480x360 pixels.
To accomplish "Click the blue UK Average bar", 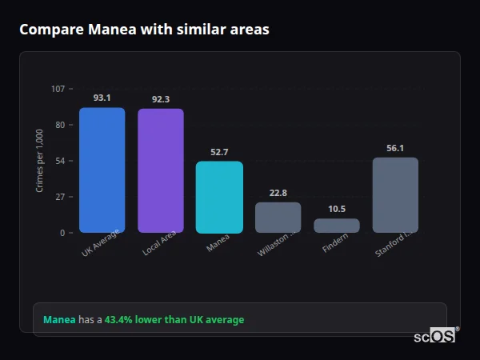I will click(102, 170).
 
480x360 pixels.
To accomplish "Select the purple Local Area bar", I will click(160, 171).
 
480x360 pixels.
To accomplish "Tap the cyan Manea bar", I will click(219, 198).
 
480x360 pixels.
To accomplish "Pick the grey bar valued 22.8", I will click(278, 218).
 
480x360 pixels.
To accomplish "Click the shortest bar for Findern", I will click(337, 226).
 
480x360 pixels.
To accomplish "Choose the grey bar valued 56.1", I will click(395, 195).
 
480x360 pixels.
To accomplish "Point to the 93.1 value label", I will click(102, 98).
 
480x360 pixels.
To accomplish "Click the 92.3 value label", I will click(160, 99).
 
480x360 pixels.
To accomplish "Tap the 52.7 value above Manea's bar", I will click(219, 152).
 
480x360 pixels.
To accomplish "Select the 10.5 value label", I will click(337, 209).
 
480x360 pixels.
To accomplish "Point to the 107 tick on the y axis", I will click(58, 89).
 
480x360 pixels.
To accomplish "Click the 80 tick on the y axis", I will click(60, 125).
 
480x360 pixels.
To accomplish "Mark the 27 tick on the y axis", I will click(60, 197).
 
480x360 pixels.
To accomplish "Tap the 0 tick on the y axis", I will click(62, 233).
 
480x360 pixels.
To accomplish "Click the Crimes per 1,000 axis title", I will click(39, 161).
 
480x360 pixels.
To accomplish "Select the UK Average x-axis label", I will click(101, 243).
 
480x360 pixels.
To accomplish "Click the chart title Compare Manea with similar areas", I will click(144, 30).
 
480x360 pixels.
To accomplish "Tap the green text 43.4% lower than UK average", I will click(174, 320).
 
